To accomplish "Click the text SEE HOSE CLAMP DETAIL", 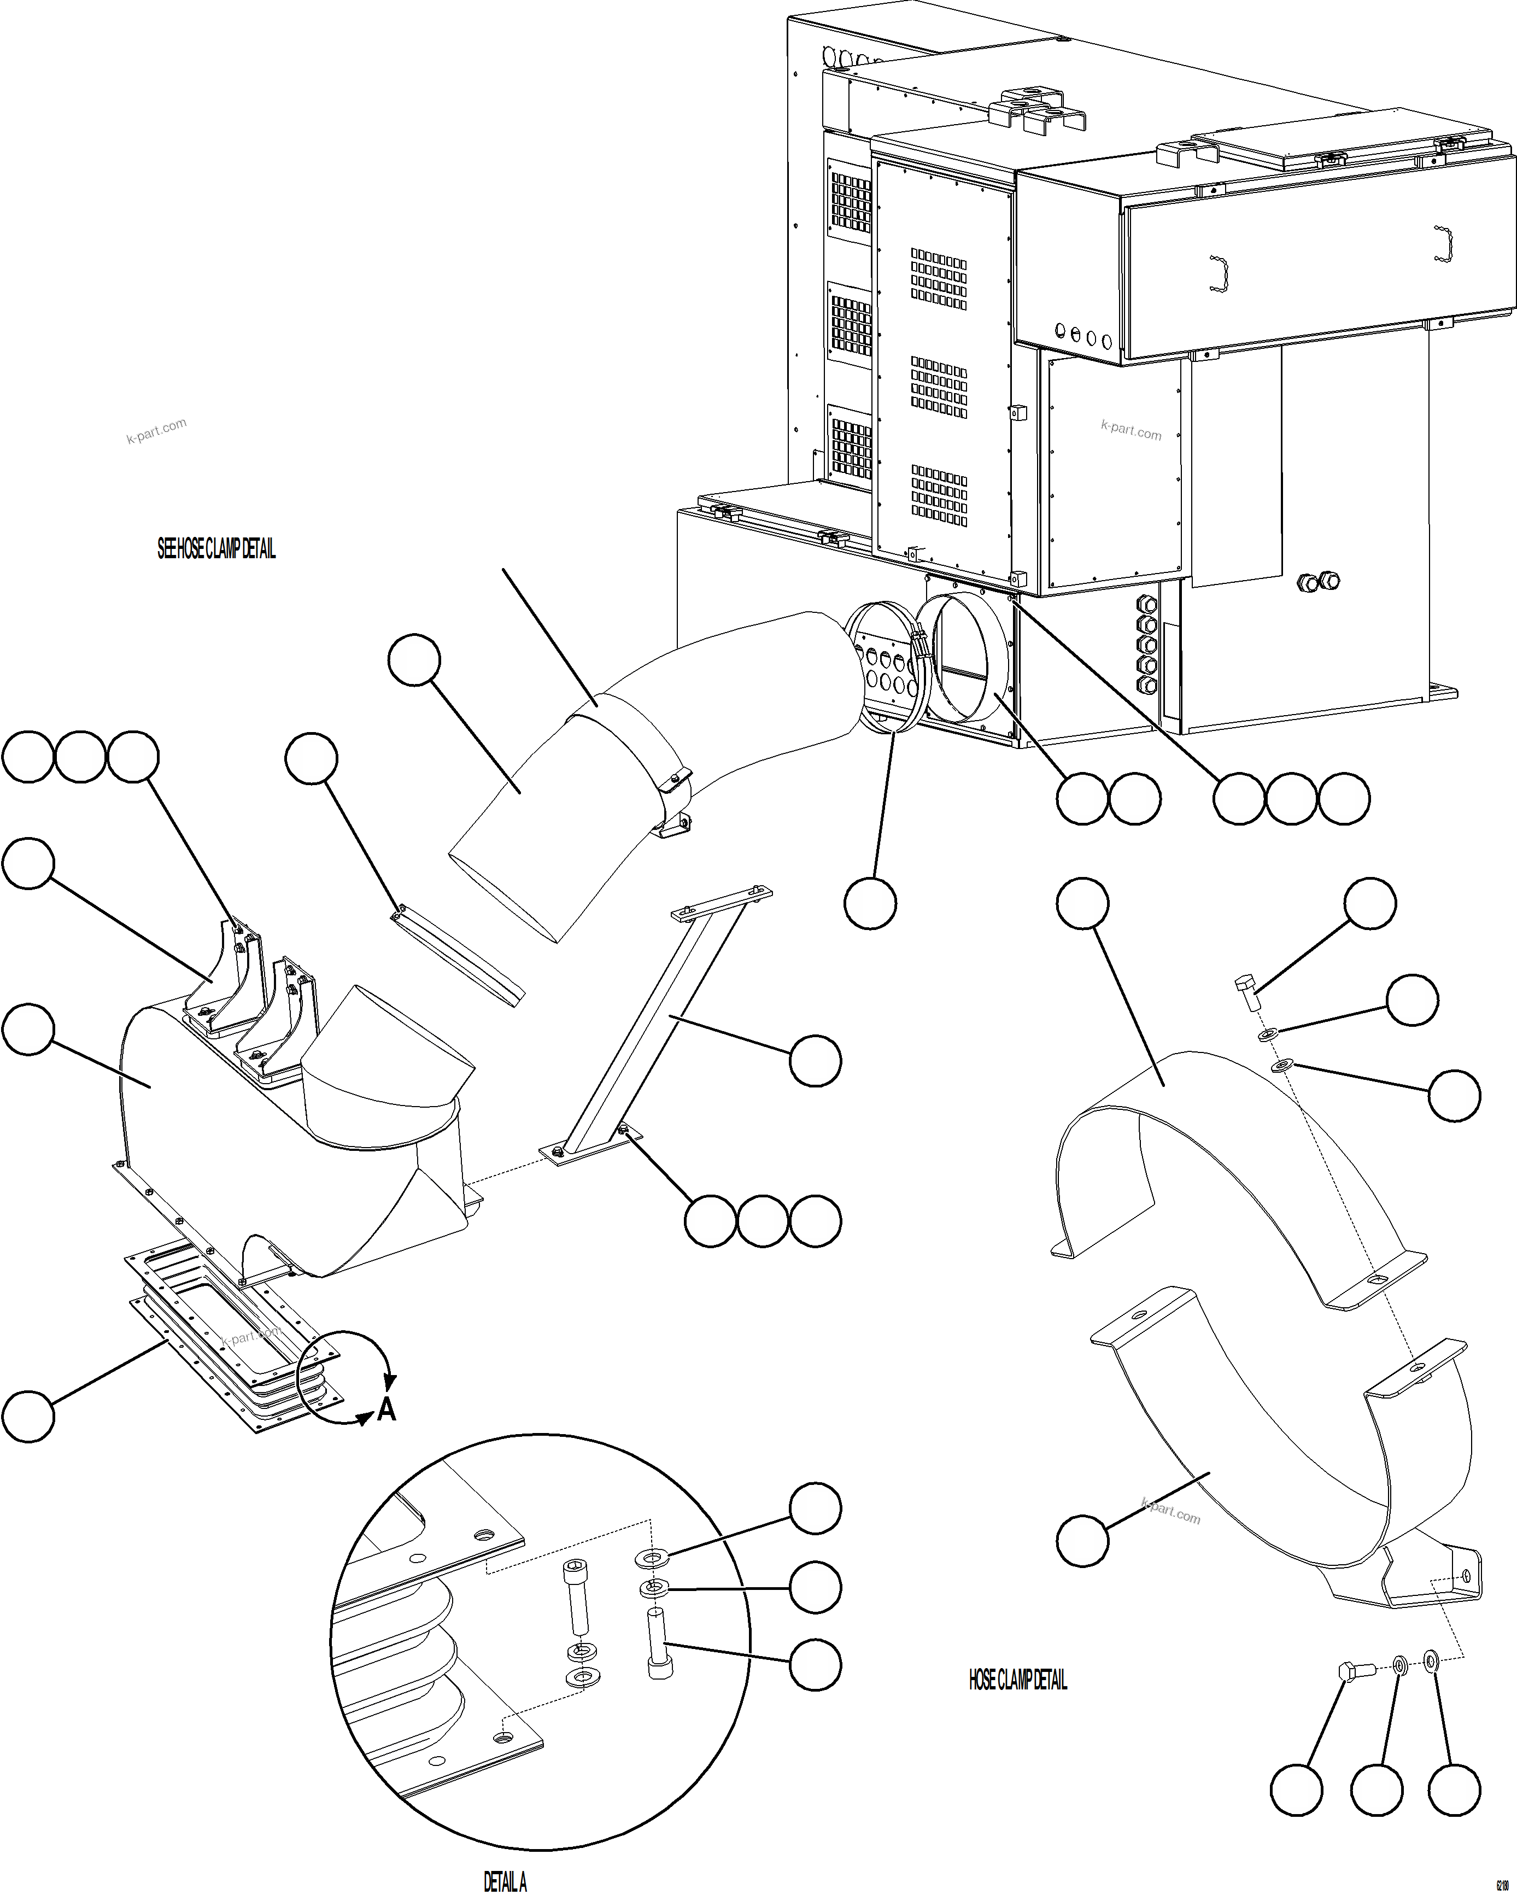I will click(216, 549).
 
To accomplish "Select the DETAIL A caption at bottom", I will click(505, 1881).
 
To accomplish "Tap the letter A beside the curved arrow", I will click(386, 1410).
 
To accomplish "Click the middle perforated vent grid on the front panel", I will click(939, 387).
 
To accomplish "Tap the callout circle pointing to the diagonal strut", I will click(815, 1061).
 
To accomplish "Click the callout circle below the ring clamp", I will click(870, 903).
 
